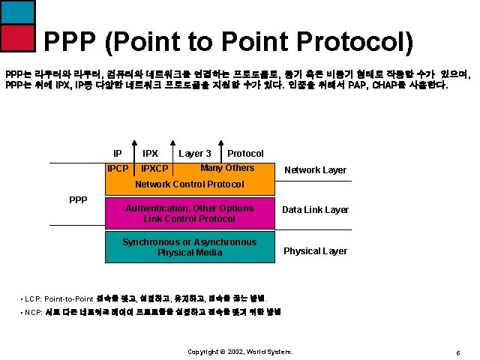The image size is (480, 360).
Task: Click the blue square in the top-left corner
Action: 18,11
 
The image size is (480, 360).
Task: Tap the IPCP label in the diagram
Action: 118,169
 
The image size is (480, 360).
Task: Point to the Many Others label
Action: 227,168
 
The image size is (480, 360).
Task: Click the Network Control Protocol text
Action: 189,184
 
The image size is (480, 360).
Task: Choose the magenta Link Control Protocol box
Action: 189,213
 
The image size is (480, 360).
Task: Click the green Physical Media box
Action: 189,247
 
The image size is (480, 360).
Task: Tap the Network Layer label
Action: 315,170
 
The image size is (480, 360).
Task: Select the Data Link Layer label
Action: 315,210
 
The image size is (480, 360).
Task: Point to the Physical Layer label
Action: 315,251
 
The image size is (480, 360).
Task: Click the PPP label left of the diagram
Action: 78,199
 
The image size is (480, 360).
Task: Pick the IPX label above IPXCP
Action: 150,154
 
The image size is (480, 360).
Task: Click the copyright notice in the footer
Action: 239,352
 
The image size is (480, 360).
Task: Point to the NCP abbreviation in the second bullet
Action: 32,312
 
